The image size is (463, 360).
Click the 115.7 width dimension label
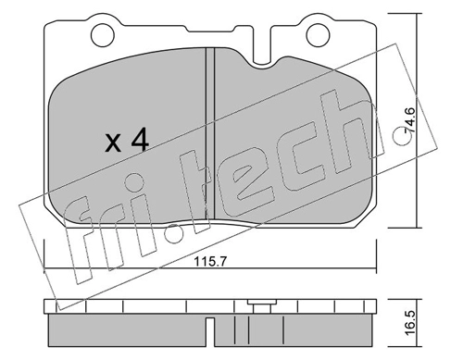[x=210, y=262]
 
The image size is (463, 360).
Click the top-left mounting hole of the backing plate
[x=102, y=34]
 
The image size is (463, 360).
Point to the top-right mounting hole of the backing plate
[x=318, y=34]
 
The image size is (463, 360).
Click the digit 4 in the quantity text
[x=140, y=141]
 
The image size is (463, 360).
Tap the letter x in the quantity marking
[x=113, y=144]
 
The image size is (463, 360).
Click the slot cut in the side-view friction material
[x=210, y=331]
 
